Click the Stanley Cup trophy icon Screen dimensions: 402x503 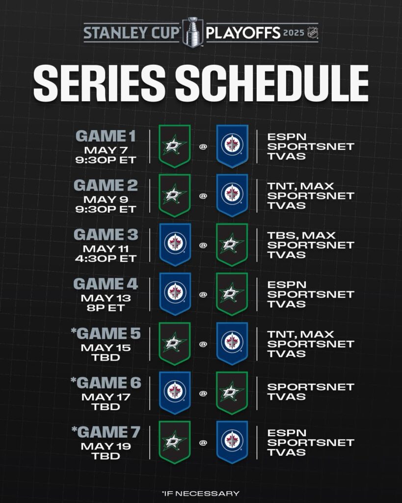tap(193, 32)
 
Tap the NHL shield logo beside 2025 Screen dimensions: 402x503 tap(312, 33)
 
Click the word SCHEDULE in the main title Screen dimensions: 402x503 tap(272, 83)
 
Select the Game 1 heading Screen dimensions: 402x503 tap(106, 136)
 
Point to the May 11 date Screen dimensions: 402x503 tap(106, 249)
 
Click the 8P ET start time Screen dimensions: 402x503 tap(106, 308)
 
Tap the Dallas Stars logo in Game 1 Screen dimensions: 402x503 tap(175, 146)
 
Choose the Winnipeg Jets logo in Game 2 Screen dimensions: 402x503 tap(232, 196)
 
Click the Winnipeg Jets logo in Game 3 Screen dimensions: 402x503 tap(175, 245)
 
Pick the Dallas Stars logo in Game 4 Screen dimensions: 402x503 tap(232, 294)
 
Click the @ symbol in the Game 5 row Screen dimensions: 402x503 tap(203, 344)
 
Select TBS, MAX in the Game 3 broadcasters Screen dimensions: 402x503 tap(301, 235)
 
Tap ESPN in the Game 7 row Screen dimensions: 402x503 tap(287, 433)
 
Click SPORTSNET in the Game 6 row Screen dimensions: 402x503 tap(311, 387)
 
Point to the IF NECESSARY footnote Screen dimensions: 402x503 tap(201, 493)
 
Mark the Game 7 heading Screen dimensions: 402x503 tap(106, 432)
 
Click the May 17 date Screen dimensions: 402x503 tap(106, 397)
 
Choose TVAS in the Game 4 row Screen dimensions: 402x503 tap(287, 304)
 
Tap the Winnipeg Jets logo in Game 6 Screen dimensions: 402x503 tap(175, 393)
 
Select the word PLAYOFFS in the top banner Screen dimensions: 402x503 tap(243, 33)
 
